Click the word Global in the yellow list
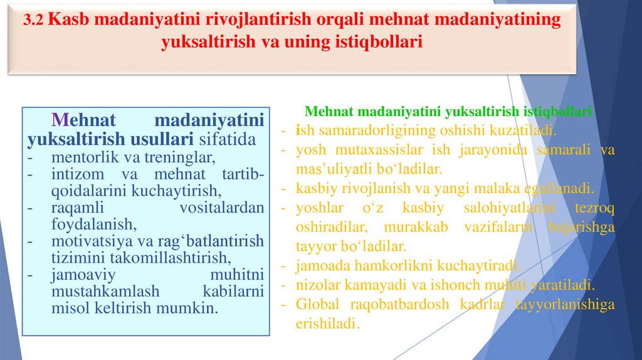pos(317,304)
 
